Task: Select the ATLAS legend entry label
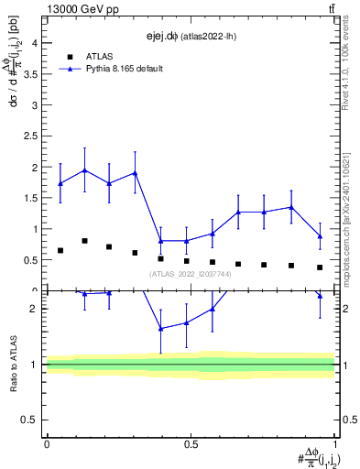pyautogui.click(x=100, y=55)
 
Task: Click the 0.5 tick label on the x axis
pyautogui.click(x=191, y=444)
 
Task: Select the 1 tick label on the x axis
pyautogui.click(x=334, y=444)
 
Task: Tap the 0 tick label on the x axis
pyautogui.click(x=47, y=444)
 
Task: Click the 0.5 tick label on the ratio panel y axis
pyautogui.click(x=30, y=420)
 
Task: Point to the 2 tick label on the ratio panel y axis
pyautogui.click(x=34, y=309)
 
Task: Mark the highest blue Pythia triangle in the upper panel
pyautogui.click(x=85, y=170)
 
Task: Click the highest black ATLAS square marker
pyautogui.click(x=85, y=241)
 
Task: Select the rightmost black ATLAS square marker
pyautogui.click(x=320, y=267)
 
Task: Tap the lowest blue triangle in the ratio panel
pyautogui.click(x=161, y=328)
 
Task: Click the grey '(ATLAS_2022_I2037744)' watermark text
pyautogui.click(x=191, y=274)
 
